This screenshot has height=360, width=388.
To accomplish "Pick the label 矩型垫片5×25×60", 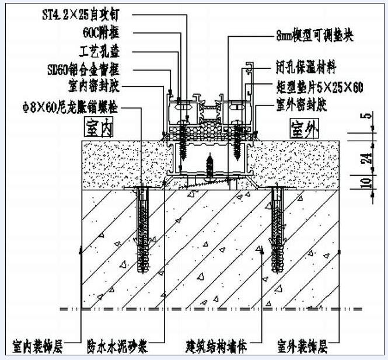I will coord(320,88).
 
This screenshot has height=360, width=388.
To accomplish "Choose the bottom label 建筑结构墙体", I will coord(216,347).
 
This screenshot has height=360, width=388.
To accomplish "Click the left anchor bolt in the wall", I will coord(142,230).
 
